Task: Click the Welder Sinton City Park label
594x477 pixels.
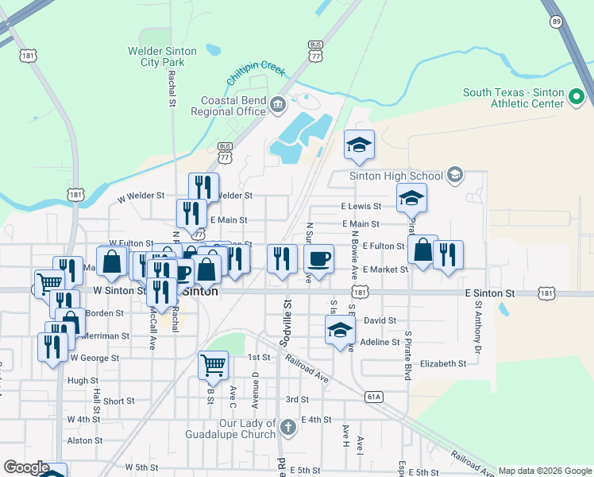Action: [x=162, y=56]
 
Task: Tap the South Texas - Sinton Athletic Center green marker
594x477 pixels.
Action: [x=577, y=98]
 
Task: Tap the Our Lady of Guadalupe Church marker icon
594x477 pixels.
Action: [x=287, y=428]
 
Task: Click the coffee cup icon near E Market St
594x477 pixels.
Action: [x=318, y=258]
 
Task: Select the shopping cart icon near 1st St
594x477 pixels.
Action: [x=213, y=365]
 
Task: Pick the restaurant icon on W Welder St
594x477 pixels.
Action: [x=203, y=187]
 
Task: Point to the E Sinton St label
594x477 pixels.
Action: [x=491, y=293]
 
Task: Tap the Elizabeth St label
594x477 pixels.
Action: [x=443, y=363]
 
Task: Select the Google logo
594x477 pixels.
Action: [x=26, y=467]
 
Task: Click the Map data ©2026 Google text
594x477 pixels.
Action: [x=545, y=471]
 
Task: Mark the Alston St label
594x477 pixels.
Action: [x=80, y=440]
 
